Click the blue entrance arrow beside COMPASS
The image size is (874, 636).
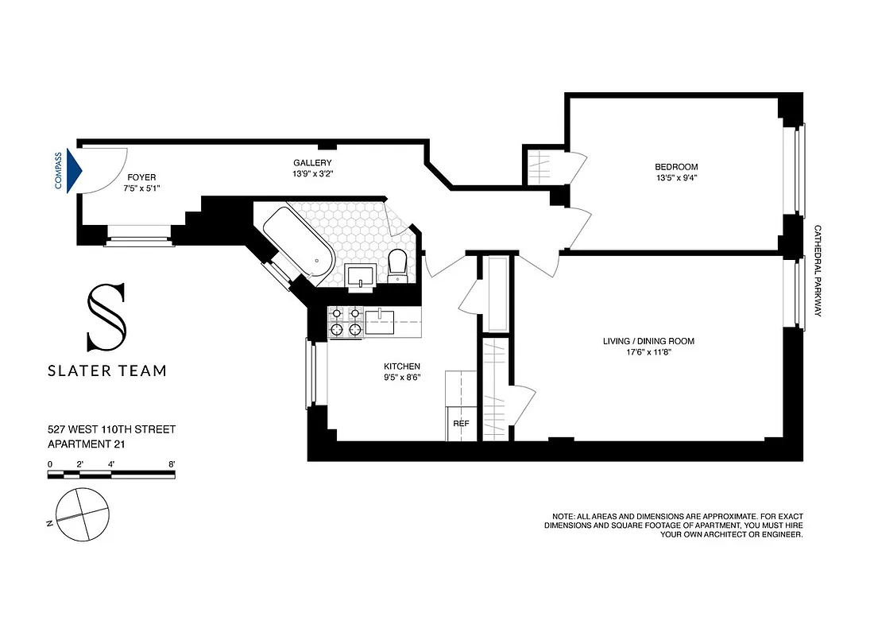(x=74, y=171)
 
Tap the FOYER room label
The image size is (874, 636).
(x=140, y=177)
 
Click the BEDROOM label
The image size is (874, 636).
(x=676, y=167)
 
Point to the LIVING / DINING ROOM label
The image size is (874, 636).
(x=648, y=341)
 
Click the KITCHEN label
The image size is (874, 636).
(x=401, y=366)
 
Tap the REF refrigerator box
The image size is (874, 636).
(x=461, y=424)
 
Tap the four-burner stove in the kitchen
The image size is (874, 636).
(x=345, y=322)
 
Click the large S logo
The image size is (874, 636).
(x=106, y=318)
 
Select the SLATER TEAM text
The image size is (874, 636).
(x=107, y=370)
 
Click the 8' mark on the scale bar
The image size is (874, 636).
(x=172, y=463)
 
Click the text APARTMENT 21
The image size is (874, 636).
(x=86, y=444)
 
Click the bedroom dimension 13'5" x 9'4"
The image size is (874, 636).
(x=676, y=179)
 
